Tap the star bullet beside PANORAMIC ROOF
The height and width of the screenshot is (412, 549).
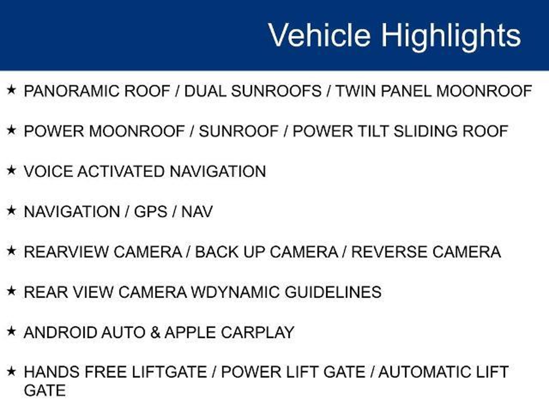coord(11,90)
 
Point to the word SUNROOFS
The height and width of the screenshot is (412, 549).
coord(276,91)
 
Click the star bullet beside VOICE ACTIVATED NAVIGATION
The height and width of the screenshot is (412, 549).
coord(11,171)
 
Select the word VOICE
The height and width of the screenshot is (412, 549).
coord(48,171)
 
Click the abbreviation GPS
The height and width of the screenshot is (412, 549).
coord(150,212)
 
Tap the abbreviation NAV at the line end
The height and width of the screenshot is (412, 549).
coord(197,212)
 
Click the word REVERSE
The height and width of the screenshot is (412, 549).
coord(389,252)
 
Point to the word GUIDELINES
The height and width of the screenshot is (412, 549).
coord(333,292)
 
